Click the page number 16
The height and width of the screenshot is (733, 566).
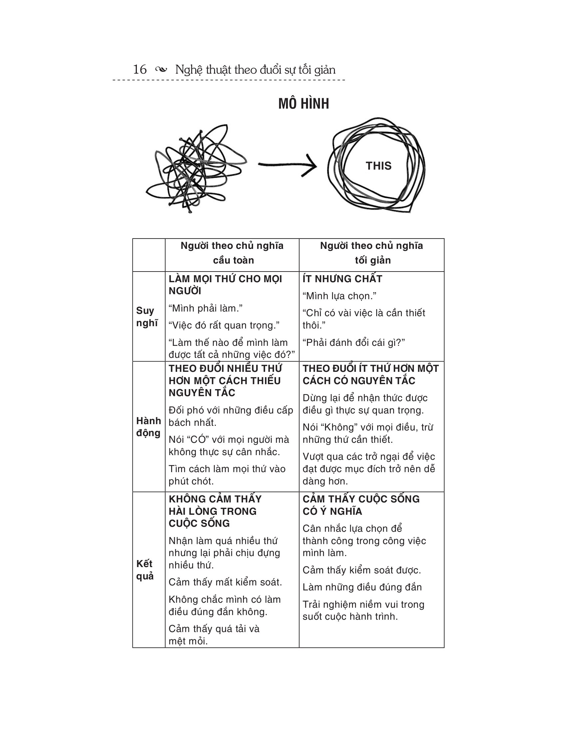tap(140, 70)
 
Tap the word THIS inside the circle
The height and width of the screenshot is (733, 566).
tap(378, 166)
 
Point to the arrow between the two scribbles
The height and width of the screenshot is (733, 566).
tap(287, 165)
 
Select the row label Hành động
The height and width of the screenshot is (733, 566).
tap(148, 426)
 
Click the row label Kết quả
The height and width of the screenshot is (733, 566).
tap(145, 570)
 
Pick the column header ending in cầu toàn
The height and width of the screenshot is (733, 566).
tap(232, 253)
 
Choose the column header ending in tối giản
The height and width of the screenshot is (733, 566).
tap(372, 253)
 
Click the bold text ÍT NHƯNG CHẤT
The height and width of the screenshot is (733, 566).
tap(342, 279)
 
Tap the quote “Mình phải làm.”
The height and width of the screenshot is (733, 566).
tap(205, 308)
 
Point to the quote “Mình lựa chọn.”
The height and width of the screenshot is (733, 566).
tap(339, 296)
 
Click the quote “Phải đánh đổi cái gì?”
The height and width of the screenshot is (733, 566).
tap(354, 342)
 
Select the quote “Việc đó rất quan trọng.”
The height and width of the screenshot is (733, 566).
tap(224, 325)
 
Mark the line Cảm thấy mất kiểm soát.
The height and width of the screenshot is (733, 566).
tap(225, 582)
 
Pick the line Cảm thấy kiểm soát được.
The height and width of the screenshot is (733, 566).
tap(362, 570)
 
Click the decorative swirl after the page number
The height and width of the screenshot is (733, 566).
tap(161, 70)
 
